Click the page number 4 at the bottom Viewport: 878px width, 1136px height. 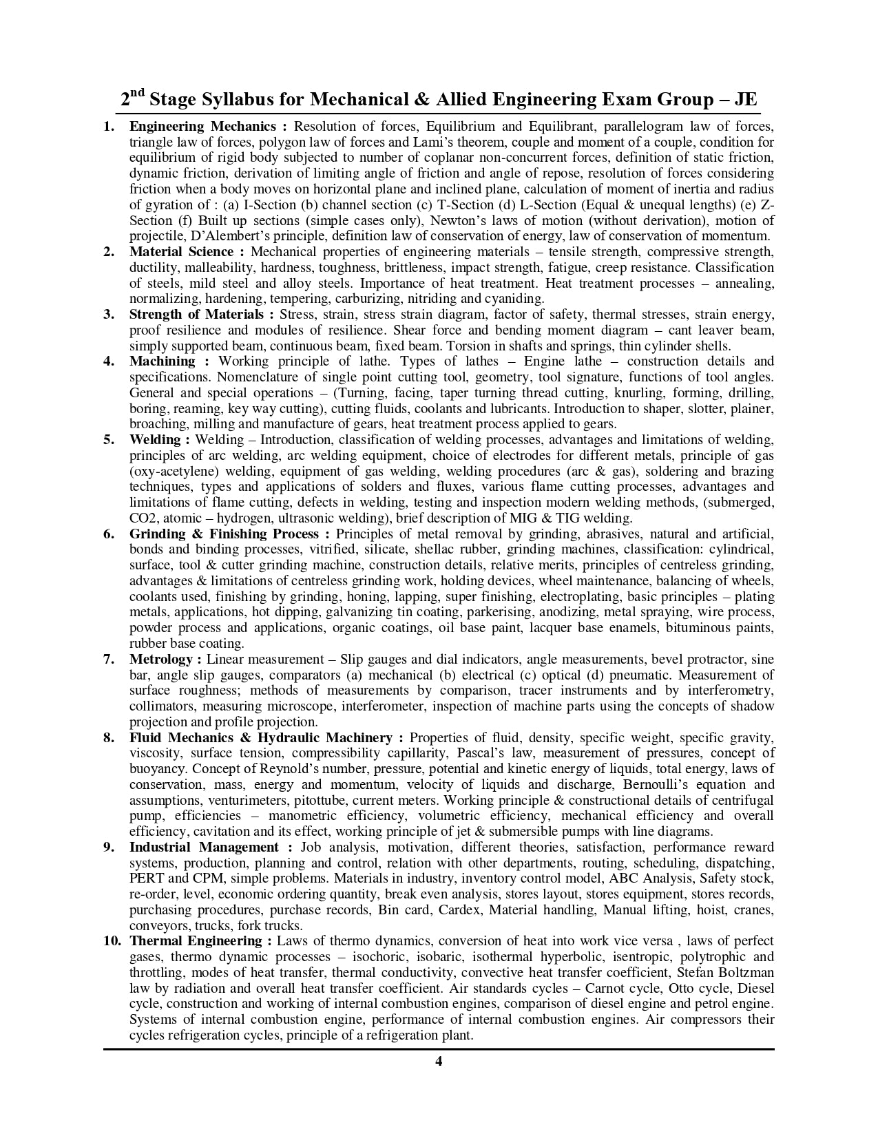pyautogui.click(x=438, y=1061)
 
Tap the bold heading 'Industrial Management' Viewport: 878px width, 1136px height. pyautogui.click(x=204, y=847)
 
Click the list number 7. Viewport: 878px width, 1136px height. pyautogui.click(x=108, y=659)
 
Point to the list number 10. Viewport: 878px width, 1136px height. pyautogui.click(x=111, y=941)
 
